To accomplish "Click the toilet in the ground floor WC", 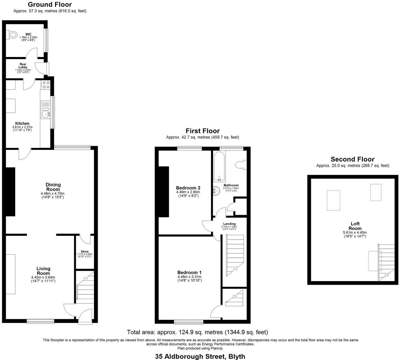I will pos(12,35).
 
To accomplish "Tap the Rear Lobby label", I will pos(23,66).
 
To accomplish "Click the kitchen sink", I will pos(46,114).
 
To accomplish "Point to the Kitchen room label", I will pos(22,124).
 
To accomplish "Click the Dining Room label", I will pos(53,187).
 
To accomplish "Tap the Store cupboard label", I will pos(84,252).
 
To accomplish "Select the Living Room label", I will pos(43,271).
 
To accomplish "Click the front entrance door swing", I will pos(85,316).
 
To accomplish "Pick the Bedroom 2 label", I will pos(188,188).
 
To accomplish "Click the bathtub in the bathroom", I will pos(219,166).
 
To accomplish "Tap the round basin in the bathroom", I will pos(217,190).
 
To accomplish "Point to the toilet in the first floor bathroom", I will pos(241,164).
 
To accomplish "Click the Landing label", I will pos(229,224).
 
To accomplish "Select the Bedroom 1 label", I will pos(189,273).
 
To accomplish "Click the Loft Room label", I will pos(355,226).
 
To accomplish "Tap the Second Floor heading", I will pos(352,159).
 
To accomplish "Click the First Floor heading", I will pos(202,131).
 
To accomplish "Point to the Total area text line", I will pos(197,332).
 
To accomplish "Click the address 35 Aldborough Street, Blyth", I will pos(200,356).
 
